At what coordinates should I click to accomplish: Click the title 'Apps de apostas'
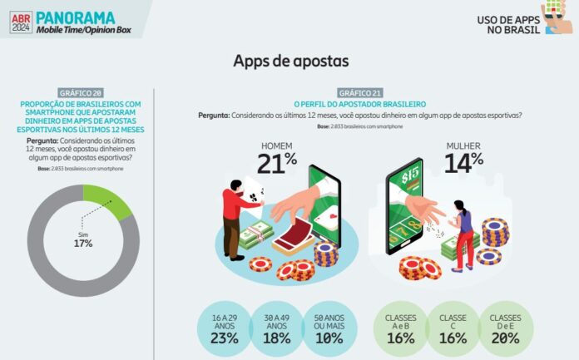point(290,61)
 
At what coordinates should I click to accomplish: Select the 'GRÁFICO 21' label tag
point(359,91)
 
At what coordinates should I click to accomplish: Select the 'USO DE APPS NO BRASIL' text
point(507,24)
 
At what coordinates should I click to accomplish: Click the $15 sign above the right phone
point(410,175)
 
